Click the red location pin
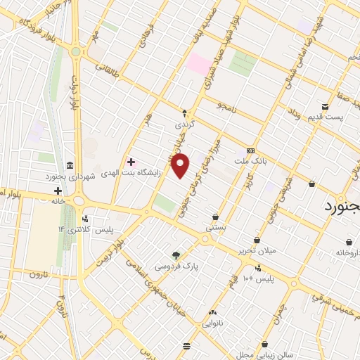pyautogui.click(x=181, y=165)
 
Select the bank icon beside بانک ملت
pyautogui.click(x=250, y=151)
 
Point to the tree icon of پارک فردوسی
pyautogui.click(x=176, y=255)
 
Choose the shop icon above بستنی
pyautogui.click(x=214, y=217)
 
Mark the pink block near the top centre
pyautogui.click(x=198, y=65)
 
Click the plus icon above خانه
pyautogui.click(x=58, y=191)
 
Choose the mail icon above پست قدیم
pyautogui.click(x=345, y=106)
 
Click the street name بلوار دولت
pyautogui.click(x=72, y=93)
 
